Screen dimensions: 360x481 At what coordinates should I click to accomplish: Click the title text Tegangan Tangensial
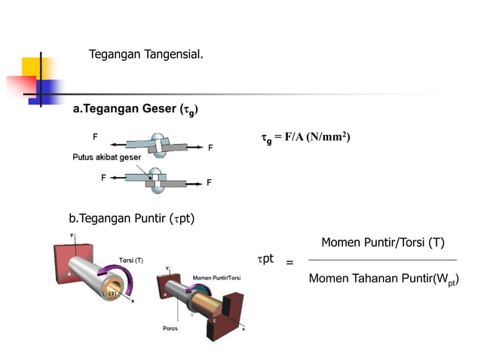(x=146, y=55)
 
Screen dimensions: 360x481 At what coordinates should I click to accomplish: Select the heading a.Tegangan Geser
(x=135, y=110)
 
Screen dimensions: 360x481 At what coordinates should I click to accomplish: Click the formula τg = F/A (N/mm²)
(x=305, y=137)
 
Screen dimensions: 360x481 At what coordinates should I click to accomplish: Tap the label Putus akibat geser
(x=106, y=158)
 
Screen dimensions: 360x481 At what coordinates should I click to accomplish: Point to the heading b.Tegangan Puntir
(x=132, y=219)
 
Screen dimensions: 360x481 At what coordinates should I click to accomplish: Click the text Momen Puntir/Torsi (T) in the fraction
(x=382, y=243)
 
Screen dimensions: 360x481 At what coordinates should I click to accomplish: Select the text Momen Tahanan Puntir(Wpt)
(x=383, y=279)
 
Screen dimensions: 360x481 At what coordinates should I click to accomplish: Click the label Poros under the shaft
(x=170, y=328)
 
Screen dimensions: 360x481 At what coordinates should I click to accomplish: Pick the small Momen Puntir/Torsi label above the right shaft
(x=219, y=277)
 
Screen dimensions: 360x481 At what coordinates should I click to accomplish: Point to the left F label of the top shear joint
(x=95, y=137)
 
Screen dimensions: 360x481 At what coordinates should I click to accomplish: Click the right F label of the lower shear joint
(x=209, y=182)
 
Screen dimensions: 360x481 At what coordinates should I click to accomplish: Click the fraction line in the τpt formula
(x=383, y=261)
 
